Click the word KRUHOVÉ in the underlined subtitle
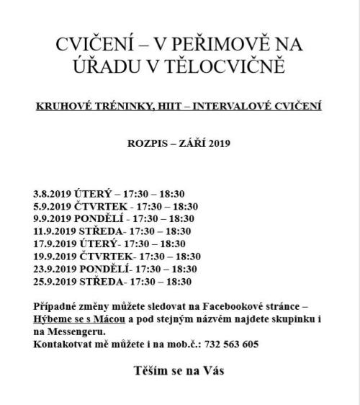click(x=62, y=106)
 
